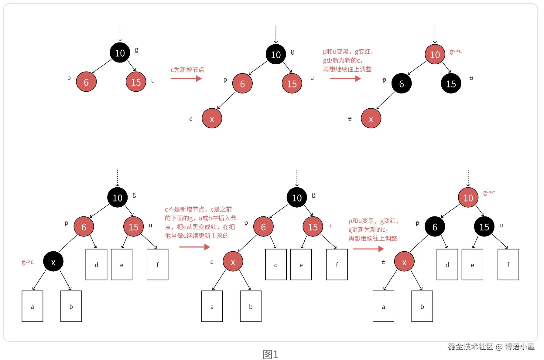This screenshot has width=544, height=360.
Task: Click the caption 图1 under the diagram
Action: point(270,354)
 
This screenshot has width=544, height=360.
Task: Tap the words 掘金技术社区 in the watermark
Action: point(470,347)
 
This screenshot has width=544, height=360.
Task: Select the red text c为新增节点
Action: point(187,70)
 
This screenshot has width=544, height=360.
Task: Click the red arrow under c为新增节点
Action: point(186,79)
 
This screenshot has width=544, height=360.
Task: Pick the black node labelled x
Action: point(53,261)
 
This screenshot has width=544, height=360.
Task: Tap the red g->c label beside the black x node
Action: point(28,262)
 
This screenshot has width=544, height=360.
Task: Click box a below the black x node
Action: point(32,306)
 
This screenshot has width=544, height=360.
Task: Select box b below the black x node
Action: point(71,306)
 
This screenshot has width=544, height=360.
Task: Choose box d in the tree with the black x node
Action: point(96,264)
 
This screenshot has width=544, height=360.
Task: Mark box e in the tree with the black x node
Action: point(121,264)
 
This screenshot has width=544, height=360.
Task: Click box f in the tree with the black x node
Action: point(157,264)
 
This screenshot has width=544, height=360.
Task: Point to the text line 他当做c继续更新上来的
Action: point(197,236)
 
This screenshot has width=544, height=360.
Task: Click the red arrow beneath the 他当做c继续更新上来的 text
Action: point(194,247)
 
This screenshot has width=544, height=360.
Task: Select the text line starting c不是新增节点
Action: point(198,209)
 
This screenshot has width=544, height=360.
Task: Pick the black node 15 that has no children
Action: point(451,83)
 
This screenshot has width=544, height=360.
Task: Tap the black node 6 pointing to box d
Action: point(435,227)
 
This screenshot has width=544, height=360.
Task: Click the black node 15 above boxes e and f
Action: point(484,227)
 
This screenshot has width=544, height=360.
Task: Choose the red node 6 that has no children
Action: point(86,82)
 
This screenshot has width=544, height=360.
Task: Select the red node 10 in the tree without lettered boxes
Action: point(435,54)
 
